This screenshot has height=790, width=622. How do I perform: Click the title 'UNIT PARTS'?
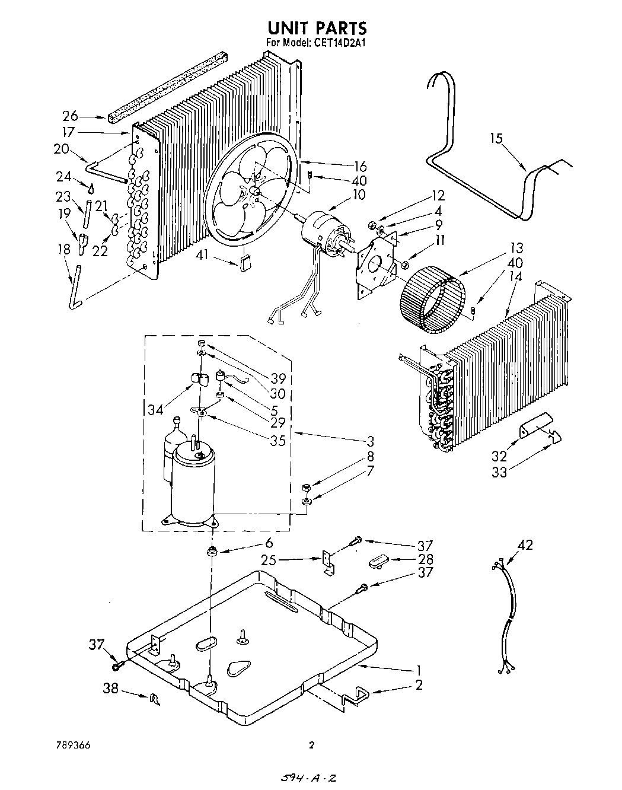click(317, 28)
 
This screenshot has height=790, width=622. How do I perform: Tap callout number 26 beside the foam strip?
click(71, 116)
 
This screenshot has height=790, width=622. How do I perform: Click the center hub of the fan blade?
click(253, 191)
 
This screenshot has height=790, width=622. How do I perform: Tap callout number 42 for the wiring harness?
click(525, 545)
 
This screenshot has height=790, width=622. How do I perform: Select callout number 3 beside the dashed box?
click(371, 441)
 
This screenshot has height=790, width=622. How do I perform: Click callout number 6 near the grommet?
click(269, 543)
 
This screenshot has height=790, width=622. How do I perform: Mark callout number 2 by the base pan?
click(419, 685)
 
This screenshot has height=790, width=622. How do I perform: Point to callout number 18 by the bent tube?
click(63, 250)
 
